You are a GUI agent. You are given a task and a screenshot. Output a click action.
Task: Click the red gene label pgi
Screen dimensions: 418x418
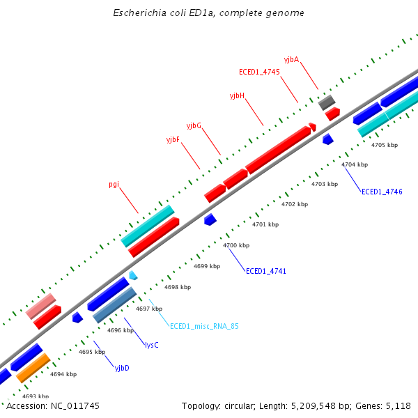pos(114,185)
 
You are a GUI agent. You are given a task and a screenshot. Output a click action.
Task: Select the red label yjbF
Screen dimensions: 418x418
pos(173,140)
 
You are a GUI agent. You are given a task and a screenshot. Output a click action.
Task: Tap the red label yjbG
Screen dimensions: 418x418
pos(194,125)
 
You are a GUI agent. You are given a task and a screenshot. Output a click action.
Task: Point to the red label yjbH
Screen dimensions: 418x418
pos(237,95)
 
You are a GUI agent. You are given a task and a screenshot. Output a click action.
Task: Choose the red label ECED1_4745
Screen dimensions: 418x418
pos(259,72)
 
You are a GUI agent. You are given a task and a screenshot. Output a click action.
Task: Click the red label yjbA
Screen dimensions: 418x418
pos(291,60)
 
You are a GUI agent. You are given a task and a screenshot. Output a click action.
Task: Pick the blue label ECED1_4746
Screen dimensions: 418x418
pos(382,192)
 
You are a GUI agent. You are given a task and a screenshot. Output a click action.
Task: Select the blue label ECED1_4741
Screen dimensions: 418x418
pos(266,271)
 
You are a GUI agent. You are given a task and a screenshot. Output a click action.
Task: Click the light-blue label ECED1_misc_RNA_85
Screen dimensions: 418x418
pos(204,326)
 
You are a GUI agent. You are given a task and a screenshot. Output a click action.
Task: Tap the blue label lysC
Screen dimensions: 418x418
pos(151,345)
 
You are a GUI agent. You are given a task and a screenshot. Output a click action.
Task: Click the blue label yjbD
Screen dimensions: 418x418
pos(122,368)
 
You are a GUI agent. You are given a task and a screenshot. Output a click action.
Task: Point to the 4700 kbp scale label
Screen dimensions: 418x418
pos(236,246)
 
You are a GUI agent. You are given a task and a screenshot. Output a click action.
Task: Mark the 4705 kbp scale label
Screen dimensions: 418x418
pos(385,145)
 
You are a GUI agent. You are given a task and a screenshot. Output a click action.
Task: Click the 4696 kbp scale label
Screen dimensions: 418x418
pos(120,330)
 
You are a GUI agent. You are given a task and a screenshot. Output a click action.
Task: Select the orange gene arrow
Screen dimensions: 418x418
pos(33,367)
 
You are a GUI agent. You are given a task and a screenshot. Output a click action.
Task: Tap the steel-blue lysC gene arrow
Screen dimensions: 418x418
pos(114,305)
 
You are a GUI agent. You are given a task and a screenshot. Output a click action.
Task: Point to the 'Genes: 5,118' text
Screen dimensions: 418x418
pos(387,405)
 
